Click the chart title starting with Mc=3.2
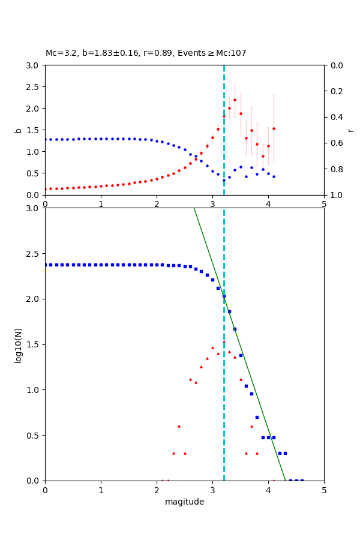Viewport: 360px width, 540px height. pos(146,53)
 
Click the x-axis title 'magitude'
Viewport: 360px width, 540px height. pos(184,502)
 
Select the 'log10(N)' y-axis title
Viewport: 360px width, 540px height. pos(19,344)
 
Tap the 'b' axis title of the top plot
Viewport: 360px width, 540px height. pos(19,130)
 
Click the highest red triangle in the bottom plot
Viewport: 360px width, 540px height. pos(224,341)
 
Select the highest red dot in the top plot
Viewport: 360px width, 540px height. pos(235,100)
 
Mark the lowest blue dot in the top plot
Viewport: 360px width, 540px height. pos(224,180)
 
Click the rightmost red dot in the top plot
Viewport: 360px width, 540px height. pos(274,128)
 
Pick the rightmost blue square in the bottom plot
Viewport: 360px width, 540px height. pos(302,480)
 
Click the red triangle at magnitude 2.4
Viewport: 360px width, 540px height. pos(179,426)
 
